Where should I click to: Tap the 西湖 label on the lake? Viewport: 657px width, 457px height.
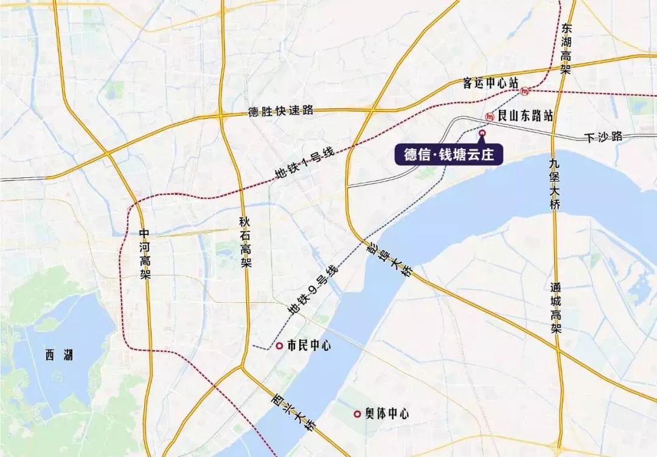[x=59, y=354]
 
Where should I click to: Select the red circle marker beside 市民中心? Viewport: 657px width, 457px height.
[x=279, y=345]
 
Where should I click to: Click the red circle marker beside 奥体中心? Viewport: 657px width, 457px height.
[x=357, y=414]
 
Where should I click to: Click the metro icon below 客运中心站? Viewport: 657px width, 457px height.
[x=525, y=91]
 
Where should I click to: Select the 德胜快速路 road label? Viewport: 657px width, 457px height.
[x=280, y=111]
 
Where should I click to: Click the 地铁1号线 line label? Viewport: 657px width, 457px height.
[x=305, y=165]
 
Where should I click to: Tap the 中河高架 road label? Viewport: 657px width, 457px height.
[x=145, y=253]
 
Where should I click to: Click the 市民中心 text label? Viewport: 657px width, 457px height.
[x=309, y=345]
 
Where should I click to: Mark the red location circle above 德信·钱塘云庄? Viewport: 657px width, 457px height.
[x=482, y=132]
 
